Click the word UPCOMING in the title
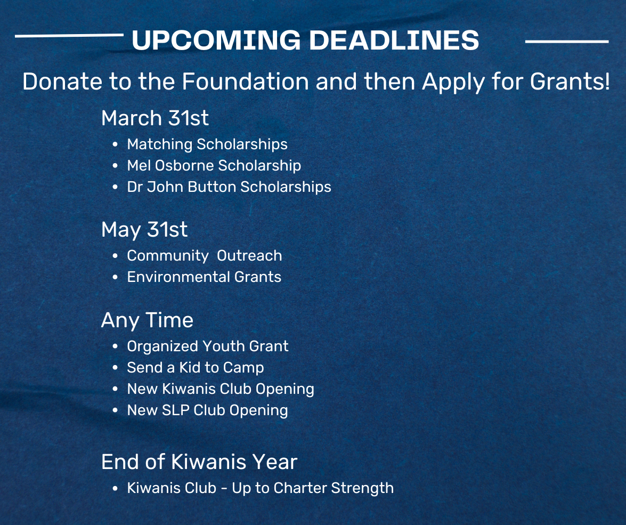[x=216, y=40]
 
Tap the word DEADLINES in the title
[x=394, y=40]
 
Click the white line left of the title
[x=69, y=36]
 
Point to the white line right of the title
[x=567, y=41]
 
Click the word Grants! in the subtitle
[x=570, y=82]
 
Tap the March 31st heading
[x=155, y=118]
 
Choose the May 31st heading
[x=144, y=230]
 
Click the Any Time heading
[x=148, y=320]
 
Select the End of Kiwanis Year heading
[x=199, y=462]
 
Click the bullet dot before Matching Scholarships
[x=115, y=144]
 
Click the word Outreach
[x=249, y=256]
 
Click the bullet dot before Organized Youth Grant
[x=115, y=347]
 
